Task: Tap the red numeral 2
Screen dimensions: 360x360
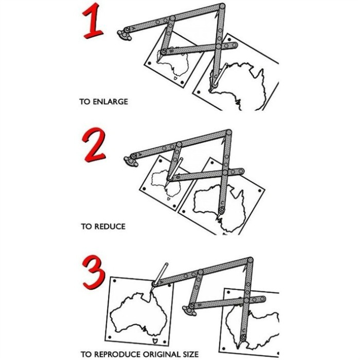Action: point(94,145)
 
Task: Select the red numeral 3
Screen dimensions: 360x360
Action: point(94,273)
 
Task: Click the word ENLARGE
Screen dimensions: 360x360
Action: point(110,101)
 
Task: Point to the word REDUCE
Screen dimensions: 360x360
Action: point(110,227)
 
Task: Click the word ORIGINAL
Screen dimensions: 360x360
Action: point(161,354)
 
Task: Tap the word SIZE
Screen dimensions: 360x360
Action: point(191,354)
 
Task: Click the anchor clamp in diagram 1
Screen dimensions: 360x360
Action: point(124,35)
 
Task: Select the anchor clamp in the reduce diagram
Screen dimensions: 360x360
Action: point(131,161)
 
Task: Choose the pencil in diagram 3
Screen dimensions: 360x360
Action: point(160,274)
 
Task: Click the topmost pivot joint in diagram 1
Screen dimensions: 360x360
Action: point(222,6)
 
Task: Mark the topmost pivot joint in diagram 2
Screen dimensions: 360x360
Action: point(229,133)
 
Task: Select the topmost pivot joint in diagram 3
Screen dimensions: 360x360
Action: point(250,260)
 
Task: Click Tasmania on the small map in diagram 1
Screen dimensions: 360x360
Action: point(176,78)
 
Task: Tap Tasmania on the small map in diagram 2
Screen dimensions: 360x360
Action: point(169,199)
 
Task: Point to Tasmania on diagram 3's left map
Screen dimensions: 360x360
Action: point(155,340)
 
